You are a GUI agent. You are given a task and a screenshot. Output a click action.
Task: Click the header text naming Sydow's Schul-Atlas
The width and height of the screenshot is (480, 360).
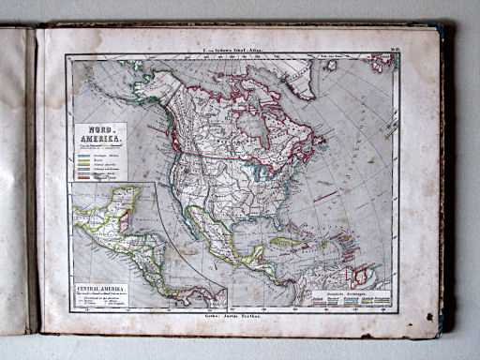(x=236, y=47)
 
